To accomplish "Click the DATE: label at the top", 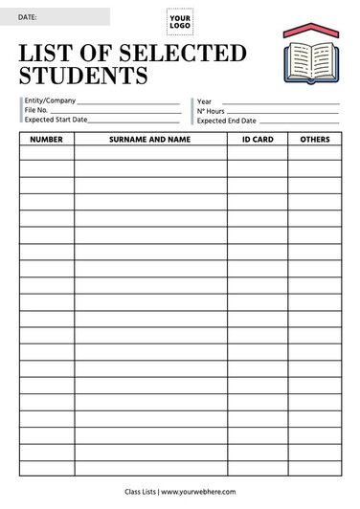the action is coord(28,17).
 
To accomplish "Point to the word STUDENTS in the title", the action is coord(84,75).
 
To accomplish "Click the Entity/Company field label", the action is coord(51,100).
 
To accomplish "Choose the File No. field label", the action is coord(36,110).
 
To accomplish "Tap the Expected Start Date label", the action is coord(56,121).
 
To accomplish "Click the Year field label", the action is coord(204,100).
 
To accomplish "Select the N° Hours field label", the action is coord(211,111).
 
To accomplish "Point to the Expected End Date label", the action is coord(227,121).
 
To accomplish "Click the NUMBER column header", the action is coord(46,140).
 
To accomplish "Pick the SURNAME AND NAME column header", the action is coord(150,140).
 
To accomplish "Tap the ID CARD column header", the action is coord(257,140).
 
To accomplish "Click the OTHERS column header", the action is coord(315,140).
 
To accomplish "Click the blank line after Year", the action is coord(280,102).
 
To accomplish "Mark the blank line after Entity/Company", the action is coord(128,102).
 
